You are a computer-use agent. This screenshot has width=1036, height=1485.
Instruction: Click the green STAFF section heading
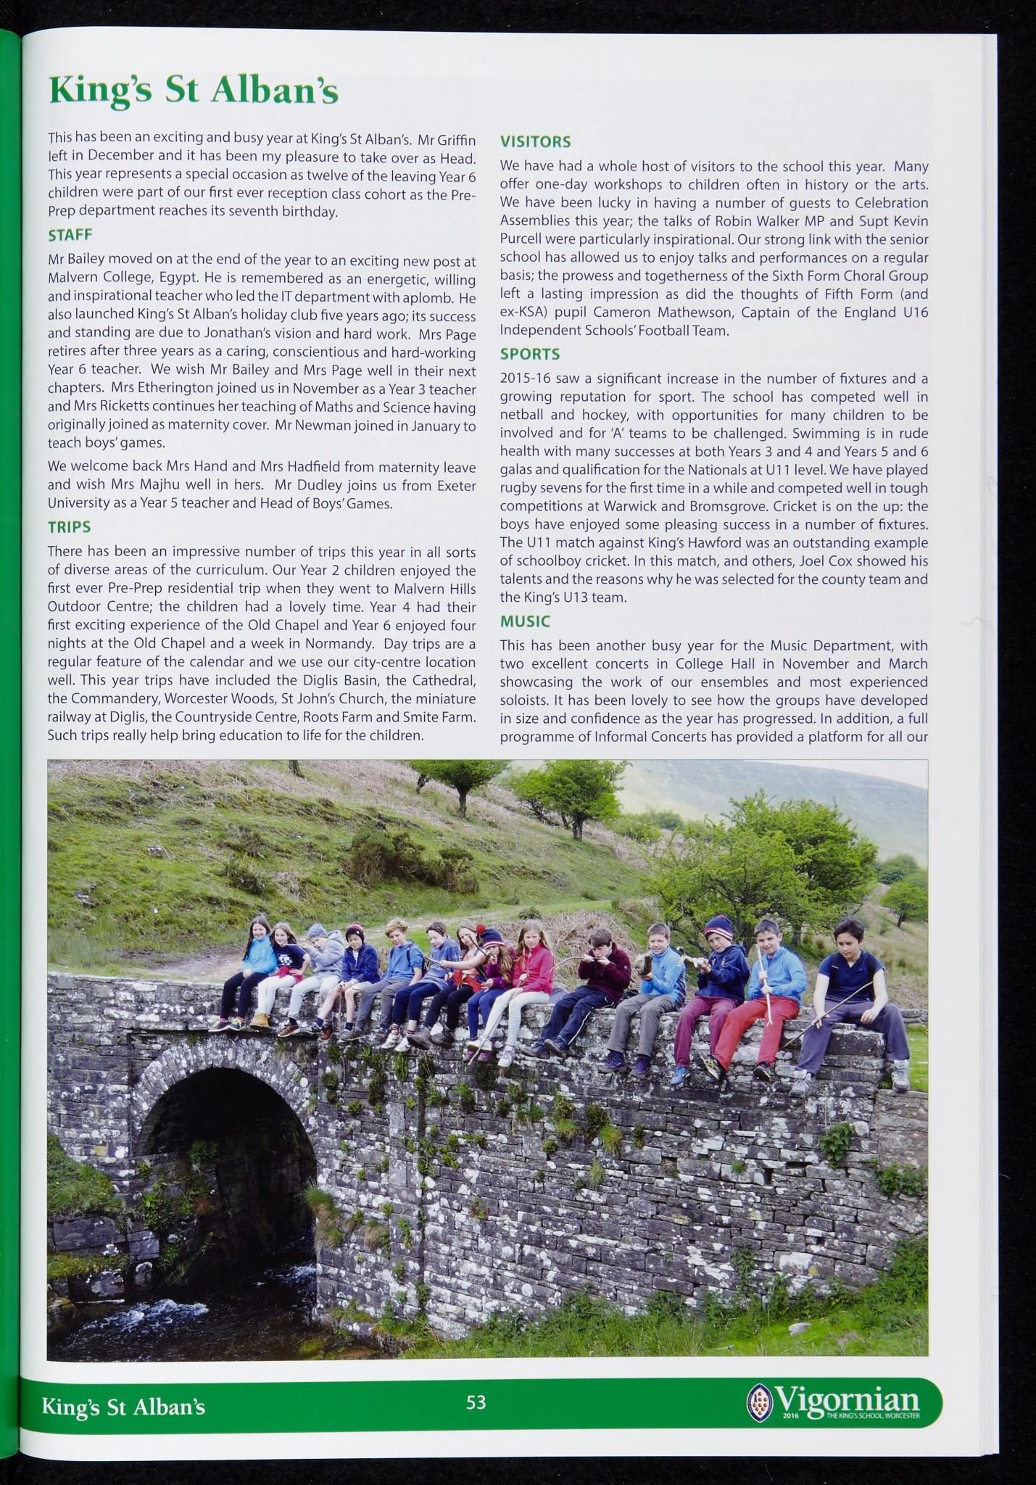[70, 236]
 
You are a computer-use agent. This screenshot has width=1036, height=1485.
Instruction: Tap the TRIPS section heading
[69, 527]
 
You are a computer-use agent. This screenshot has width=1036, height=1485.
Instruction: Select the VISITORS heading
[536, 141]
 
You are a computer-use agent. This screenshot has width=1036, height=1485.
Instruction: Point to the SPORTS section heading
[530, 354]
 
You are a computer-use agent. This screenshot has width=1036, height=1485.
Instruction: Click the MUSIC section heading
[525, 621]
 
